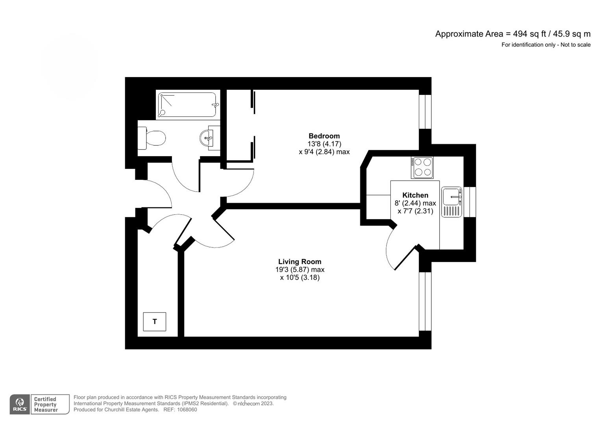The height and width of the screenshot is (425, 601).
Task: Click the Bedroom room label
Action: pos(324,136)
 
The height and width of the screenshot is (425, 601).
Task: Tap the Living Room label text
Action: pos(300,262)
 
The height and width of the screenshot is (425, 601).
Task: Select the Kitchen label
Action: pos(415,195)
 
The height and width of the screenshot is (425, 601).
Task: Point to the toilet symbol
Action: pos(152,138)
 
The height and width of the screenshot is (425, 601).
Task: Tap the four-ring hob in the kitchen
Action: pos(422,167)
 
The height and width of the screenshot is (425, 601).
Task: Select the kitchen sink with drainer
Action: pos(451,202)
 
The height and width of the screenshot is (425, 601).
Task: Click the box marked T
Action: pos(155,322)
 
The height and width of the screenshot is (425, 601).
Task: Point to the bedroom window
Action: pos(425,112)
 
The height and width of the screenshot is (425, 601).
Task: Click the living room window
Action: pos(425,301)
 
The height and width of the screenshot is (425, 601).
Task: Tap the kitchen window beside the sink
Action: pos(470,202)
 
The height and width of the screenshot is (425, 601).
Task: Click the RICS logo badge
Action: pos(20,405)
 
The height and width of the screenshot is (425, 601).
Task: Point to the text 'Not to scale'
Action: pos(575,45)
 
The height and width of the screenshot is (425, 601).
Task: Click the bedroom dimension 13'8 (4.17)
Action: pos(324,144)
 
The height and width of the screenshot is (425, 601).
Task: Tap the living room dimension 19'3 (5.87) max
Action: pos(300,270)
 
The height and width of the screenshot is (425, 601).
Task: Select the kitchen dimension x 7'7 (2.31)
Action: pos(415,211)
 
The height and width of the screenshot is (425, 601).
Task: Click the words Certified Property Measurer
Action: pos(46,405)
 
